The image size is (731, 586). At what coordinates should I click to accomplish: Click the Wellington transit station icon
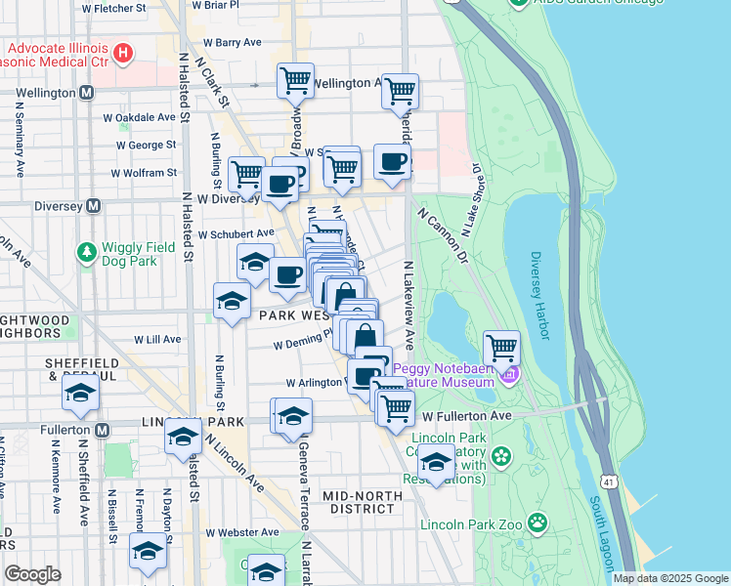(87, 93)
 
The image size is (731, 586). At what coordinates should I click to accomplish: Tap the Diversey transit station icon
(94, 206)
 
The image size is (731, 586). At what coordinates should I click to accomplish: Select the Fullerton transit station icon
(102, 430)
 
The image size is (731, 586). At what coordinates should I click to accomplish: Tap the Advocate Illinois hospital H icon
(123, 53)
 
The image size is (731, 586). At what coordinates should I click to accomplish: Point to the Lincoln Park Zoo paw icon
(537, 523)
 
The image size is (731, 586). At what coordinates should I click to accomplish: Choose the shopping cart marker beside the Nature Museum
(501, 347)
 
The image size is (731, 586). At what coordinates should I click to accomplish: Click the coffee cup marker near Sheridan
(392, 162)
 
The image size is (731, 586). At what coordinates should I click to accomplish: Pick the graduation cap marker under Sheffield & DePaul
(80, 395)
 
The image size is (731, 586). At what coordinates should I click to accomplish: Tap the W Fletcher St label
(114, 8)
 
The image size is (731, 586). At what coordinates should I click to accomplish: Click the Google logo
(32, 574)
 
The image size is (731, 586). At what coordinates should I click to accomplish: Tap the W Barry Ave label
(233, 43)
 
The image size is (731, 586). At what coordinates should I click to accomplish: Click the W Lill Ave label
(155, 339)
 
